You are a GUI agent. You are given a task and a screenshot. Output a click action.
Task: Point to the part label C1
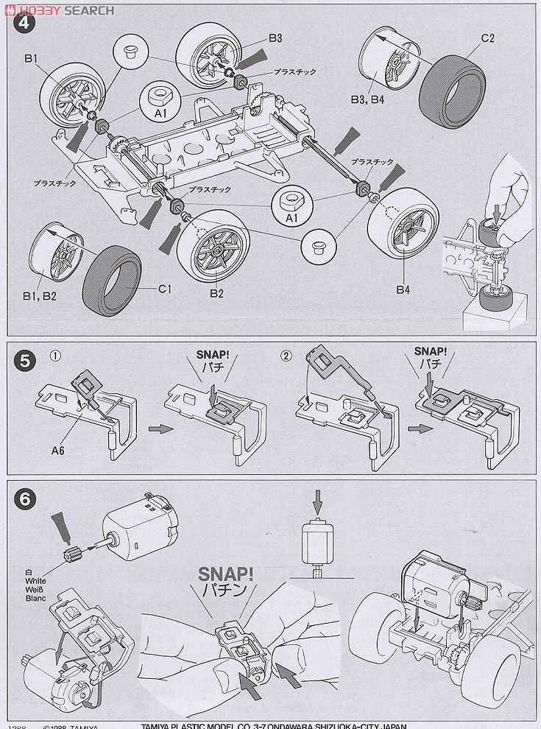pyautogui.click(x=164, y=289)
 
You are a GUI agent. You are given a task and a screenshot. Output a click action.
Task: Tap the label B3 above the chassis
pyautogui.click(x=276, y=38)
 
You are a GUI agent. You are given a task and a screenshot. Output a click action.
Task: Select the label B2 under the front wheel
pyautogui.click(x=215, y=294)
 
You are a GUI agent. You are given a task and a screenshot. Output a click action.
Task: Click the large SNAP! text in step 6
pyautogui.click(x=224, y=572)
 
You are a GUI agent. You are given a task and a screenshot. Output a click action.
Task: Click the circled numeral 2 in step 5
pyautogui.click(x=286, y=356)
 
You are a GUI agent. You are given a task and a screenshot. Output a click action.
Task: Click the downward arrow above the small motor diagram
pyautogui.click(x=317, y=504)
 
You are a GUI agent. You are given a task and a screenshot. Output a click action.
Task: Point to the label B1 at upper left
pyautogui.click(x=31, y=57)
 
